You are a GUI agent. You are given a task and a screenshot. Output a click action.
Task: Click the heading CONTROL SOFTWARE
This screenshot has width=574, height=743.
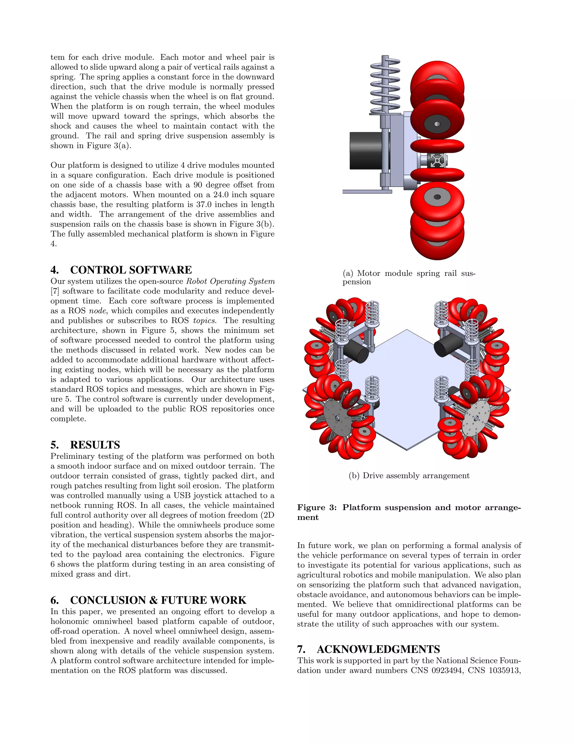point(131,270)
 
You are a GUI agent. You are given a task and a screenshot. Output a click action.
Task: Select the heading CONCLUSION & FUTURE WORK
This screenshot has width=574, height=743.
point(158,600)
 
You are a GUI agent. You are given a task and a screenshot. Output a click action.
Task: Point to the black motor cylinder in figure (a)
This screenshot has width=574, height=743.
point(365,151)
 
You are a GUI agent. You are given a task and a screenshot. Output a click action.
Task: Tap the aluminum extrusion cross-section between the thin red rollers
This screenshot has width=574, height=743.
point(437,160)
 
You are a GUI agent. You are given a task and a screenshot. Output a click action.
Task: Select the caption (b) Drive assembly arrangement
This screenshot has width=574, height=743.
point(409,475)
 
